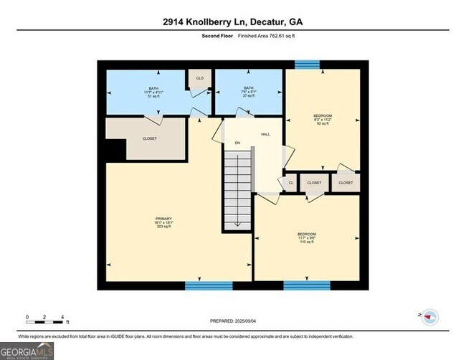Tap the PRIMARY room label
point(163,222)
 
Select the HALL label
point(265,134)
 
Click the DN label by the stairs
point(237,143)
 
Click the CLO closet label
point(200,77)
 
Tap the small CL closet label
point(291,183)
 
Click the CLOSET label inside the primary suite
point(150,138)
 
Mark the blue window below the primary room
point(204,285)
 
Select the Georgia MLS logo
point(27,351)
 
